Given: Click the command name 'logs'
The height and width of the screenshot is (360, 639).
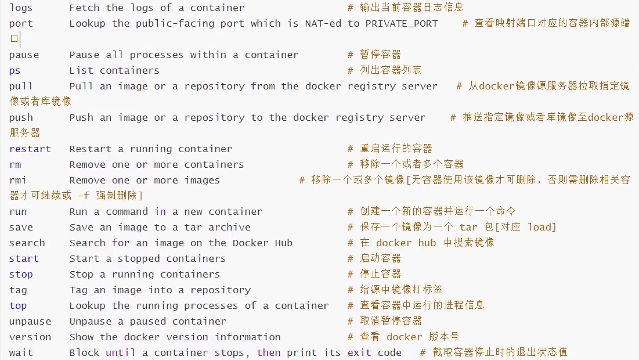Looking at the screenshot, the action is pos(21,8).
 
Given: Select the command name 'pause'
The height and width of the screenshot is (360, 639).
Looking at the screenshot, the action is pos(24,55).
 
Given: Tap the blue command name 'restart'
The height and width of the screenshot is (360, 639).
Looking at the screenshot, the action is pos(30,149).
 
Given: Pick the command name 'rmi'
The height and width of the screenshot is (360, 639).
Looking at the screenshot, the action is pos(18,181).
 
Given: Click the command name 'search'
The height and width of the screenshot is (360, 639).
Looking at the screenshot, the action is pos(27,243).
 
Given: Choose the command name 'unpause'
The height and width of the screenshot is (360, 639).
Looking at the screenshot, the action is pos(30,322).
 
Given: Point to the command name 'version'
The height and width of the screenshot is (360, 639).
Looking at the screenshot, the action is pos(30,337).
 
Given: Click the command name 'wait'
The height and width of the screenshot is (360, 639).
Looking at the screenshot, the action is pos(21,353).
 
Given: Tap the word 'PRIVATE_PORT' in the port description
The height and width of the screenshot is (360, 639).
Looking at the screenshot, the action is pos(401,24).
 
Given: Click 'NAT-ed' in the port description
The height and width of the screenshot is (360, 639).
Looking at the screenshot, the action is pos(323,24).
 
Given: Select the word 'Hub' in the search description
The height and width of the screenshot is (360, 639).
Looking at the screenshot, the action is pos(284,243).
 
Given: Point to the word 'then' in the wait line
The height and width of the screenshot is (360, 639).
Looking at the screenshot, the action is pos(269,353).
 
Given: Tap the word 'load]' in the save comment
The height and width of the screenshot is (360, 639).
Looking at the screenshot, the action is pos(542,228).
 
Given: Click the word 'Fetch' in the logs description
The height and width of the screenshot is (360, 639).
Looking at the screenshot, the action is pos(84,8).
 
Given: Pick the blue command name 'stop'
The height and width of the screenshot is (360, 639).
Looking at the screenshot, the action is pos(21,275).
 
